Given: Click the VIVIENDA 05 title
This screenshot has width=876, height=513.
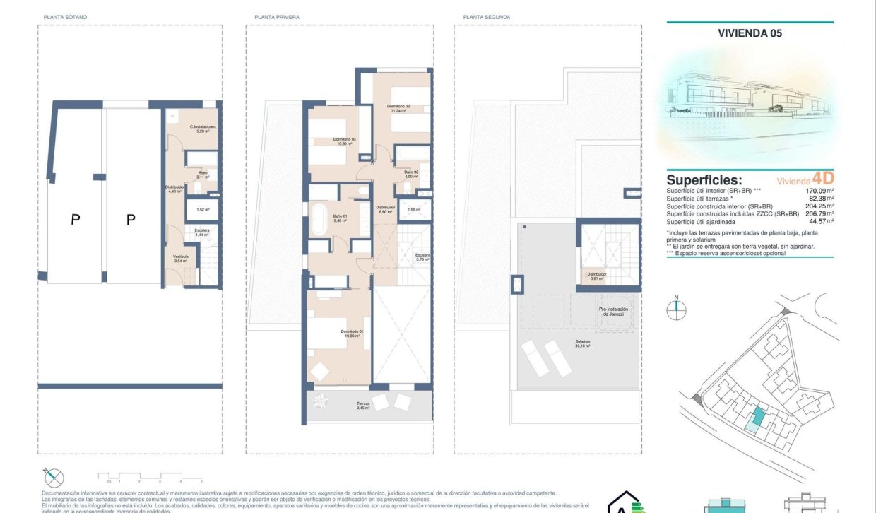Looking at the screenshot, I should point(750,33).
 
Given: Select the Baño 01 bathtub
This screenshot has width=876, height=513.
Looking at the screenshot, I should point(319,219).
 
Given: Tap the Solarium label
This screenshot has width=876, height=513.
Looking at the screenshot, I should point(582,343).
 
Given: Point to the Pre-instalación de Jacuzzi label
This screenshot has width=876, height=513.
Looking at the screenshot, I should point(613,311).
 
